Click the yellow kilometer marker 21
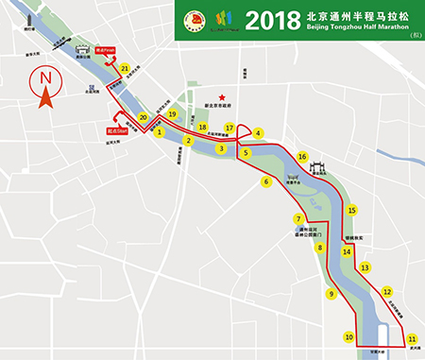[125, 68]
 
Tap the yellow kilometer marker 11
[411, 337]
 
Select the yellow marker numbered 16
[302, 157]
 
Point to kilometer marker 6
[266, 181]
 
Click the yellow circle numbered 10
[348, 337]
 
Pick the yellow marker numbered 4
[258, 133]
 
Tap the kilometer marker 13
[365, 268]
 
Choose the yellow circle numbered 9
[331, 294]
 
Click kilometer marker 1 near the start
[161, 132]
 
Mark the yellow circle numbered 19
[172, 114]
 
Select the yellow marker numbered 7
[297, 219]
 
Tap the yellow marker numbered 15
[351, 211]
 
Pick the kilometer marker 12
[386, 293]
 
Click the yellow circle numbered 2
[189, 142]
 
